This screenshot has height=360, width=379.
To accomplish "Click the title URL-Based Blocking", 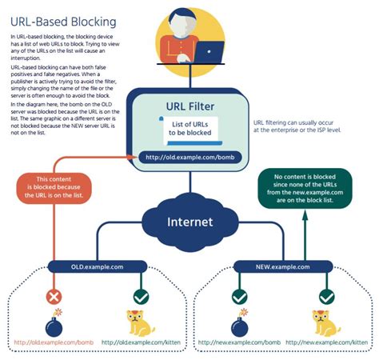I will (x=63, y=21).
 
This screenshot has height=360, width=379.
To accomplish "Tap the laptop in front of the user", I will (x=210, y=51).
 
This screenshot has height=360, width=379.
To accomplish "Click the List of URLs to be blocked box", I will (x=189, y=129).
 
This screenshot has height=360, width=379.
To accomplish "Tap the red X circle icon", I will (x=55, y=296).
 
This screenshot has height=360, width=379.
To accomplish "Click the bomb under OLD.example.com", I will (x=54, y=325).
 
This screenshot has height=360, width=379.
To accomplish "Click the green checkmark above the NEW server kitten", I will (x=326, y=296).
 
